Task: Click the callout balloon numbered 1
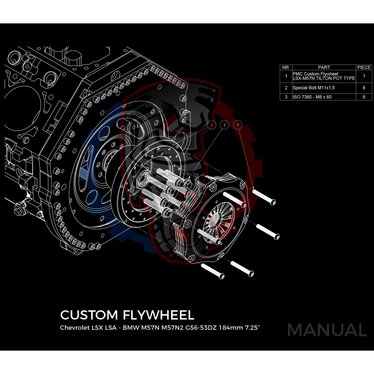coord(212,125)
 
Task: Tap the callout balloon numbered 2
coord(225,125)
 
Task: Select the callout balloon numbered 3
coord(238,125)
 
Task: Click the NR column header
coord(286,67)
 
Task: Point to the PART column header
coord(324,67)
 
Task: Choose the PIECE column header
coord(364,67)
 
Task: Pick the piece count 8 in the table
coord(364,87)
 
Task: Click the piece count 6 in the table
coord(364,97)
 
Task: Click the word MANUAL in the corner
coord(327,330)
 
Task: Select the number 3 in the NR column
coord(286,97)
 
